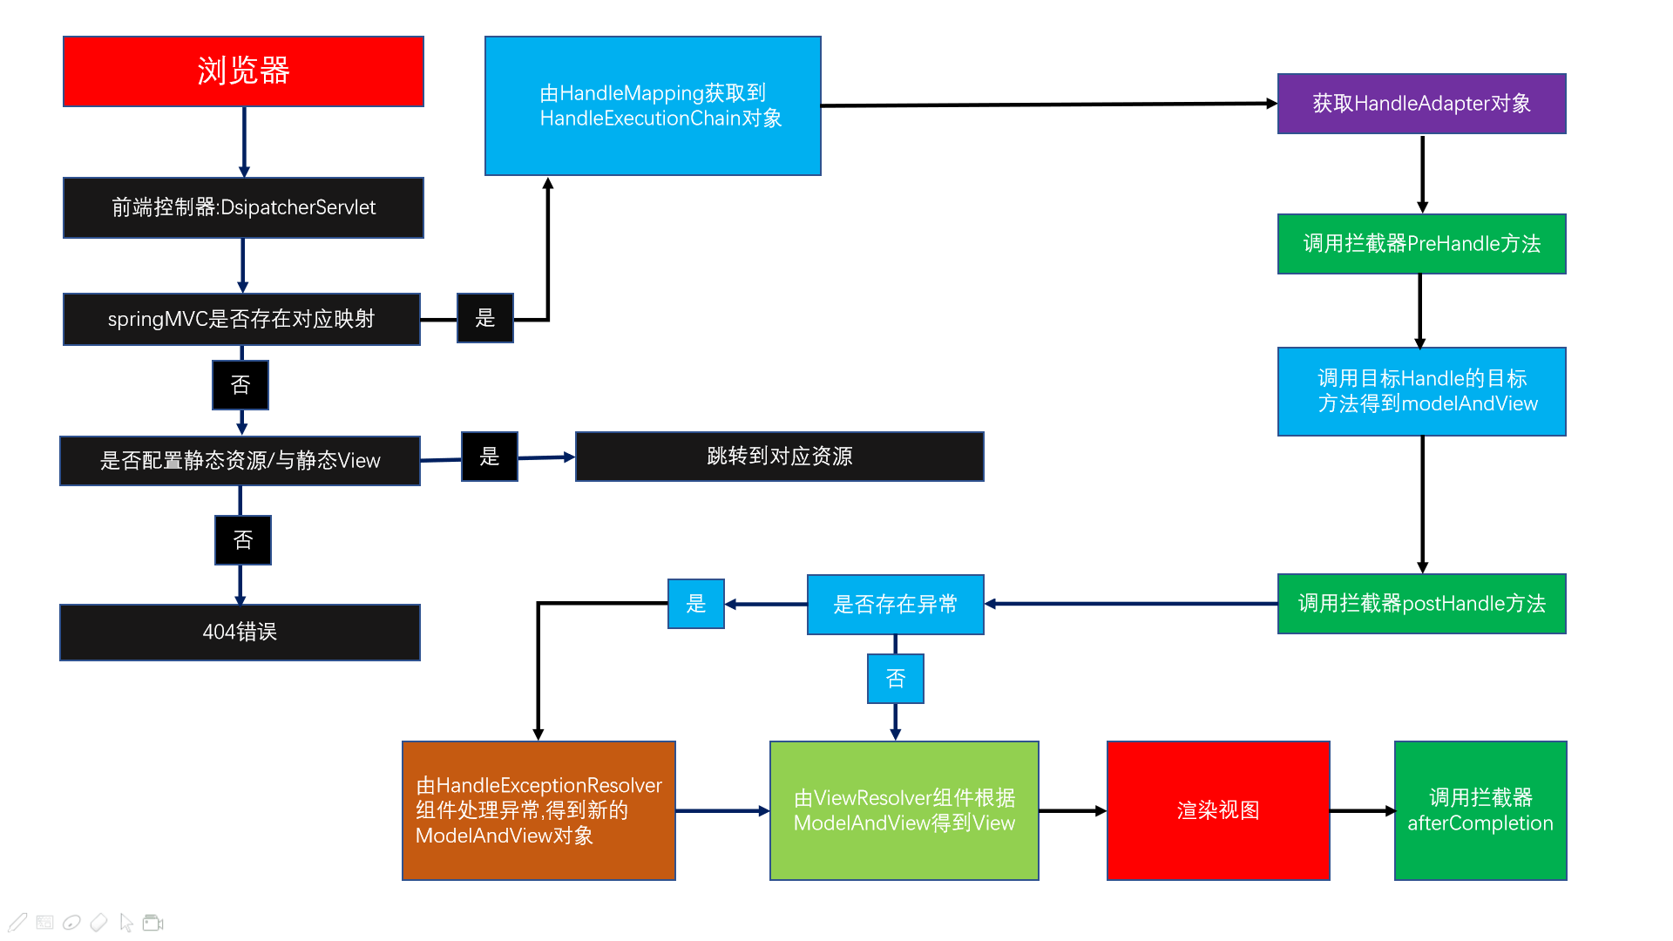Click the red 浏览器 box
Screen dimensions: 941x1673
point(243,71)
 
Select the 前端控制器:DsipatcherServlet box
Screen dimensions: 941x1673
point(243,207)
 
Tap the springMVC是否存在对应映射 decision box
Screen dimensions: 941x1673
point(241,319)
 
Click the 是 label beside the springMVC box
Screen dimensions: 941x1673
point(485,318)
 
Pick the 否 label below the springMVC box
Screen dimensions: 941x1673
point(240,385)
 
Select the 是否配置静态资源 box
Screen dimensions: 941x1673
point(240,461)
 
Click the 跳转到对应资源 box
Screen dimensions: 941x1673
point(779,457)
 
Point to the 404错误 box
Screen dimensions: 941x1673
point(240,632)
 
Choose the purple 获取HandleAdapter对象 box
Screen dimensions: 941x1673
point(1421,104)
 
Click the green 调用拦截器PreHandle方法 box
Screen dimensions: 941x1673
point(1421,244)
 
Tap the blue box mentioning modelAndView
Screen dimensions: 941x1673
point(1421,391)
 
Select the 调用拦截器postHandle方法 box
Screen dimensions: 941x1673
point(1421,604)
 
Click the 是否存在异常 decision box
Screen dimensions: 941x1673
point(895,605)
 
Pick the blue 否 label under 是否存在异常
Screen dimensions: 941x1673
point(895,679)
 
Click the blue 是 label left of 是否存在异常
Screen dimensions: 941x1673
point(695,604)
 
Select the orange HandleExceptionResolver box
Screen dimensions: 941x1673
point(538,810)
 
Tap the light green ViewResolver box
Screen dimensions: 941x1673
point(904,810)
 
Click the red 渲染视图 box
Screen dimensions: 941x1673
point(1217,810)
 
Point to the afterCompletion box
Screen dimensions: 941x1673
point(1480,810)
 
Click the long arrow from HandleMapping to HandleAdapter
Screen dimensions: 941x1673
point(1046,105)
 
